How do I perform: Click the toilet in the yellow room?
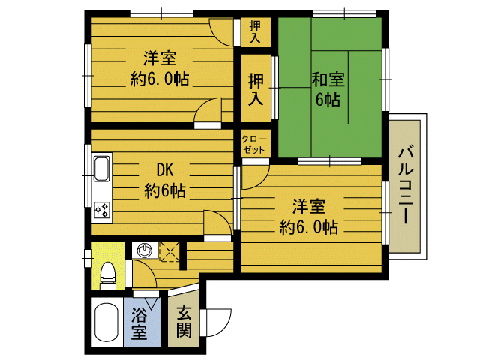pyautogui.click(x=108, y=275)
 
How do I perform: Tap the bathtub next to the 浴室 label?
pyautogui.click(x=106, y=322)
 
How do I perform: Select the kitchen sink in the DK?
pyautogui.click(x=102, y=169)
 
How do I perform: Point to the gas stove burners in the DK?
pyautogui.click(x=102, y=210)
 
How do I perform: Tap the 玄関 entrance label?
pyautogui.click(x=184, y=321)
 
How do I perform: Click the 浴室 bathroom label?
pyautogui.click(x=139, y=323)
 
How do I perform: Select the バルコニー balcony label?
pyautogui.click(x=405, y=186)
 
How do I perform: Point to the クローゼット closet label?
pyautogui.click(x=253, y=145)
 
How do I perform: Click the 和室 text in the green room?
pyautogui.click(x=328, y=79)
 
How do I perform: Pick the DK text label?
pyautogui.click(x=165, y=170)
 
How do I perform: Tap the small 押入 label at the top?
pyautogui.click(x=255, y=31)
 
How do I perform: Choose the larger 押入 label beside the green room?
pyautogui.click(x=256, y=90)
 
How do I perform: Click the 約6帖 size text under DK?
pyautogui.click(x=165, y=190)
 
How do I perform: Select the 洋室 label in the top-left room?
pyautogui.click(x=160, y=58)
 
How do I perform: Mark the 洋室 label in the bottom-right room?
pyautogui.click(x=309, y=206)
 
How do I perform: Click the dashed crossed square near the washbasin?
pyautogui.click(x=170, y=252)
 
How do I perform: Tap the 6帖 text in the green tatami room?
pyautogui.click(x=328, y=100)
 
